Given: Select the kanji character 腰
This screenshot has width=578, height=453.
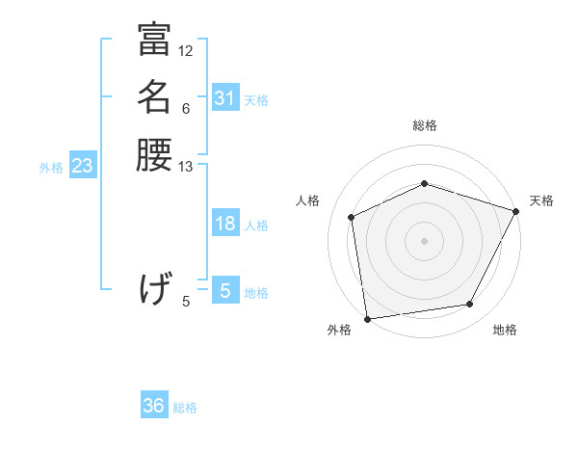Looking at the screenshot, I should coord(154,154).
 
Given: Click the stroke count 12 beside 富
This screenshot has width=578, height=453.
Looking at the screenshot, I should coord(186,50).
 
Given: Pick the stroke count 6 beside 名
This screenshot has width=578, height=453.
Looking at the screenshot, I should coord(186,109).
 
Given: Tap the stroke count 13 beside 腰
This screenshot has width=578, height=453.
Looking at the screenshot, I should coord(186,167).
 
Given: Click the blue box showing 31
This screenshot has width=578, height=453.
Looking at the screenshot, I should coord(225,98).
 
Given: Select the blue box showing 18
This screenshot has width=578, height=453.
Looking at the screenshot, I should coord(225,225).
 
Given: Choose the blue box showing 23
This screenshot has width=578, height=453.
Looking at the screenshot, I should coord(83,167).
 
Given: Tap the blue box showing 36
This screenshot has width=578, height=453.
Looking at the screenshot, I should coord(154,407).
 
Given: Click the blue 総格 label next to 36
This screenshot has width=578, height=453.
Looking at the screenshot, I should coord(185,408).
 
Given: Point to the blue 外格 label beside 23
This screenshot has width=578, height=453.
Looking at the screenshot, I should coord(51,168).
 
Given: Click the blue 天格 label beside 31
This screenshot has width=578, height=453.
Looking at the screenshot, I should coord(257,99).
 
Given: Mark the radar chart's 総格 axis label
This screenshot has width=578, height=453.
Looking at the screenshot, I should coord(425,125).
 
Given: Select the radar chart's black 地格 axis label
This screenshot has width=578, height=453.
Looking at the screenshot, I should coord(505,330).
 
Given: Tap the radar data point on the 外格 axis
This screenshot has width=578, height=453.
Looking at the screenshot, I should coord(367,318).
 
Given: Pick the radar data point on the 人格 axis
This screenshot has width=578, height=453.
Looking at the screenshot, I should coord(352,217).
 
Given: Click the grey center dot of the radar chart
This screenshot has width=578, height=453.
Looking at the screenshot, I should coord(425,240).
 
